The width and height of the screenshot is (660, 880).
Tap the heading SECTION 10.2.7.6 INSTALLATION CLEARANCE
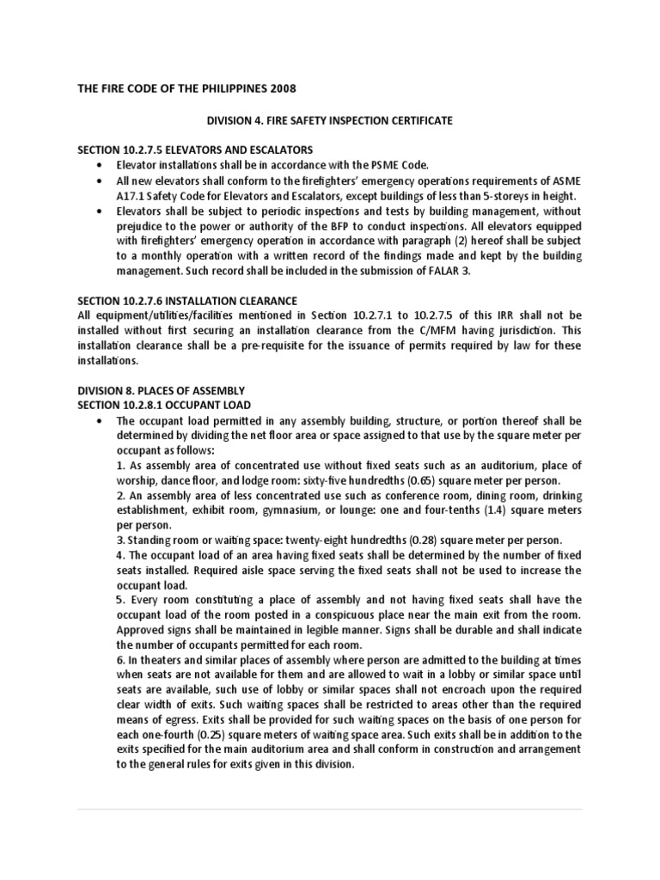(x=186, y=301)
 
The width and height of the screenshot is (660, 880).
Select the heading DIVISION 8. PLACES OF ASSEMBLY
(x=161, y=390)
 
